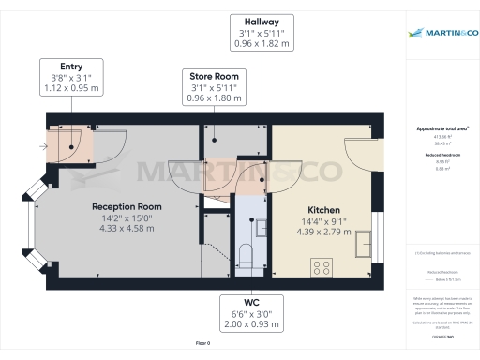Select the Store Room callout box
click(x=215, y=84)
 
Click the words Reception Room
click(x=127, y=206)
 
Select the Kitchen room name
click(x=323, y=210)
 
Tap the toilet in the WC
click(x=245, y=254)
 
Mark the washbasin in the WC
click(x=253, y=223)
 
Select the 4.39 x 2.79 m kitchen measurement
click(x=323, y=232)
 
